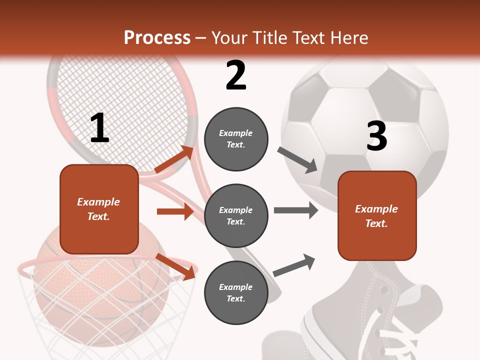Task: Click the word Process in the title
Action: pos(157,37)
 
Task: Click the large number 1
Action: pos(99,128)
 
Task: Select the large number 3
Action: pos(376,136)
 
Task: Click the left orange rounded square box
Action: pos(99,209)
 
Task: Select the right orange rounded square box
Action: pos(377,216)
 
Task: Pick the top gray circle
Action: pos(236,139)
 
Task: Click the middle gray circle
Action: pos(236,216)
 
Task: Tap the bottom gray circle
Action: pos(236,293)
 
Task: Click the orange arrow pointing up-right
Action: pos(174,159)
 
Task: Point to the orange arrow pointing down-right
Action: pos(175,266)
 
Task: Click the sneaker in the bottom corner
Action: pos(370,315)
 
